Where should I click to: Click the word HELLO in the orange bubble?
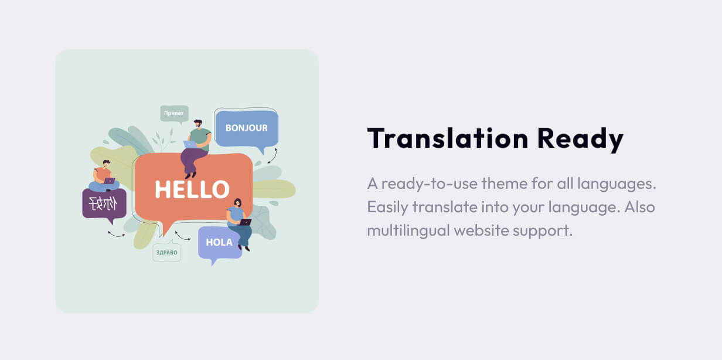point(192,189)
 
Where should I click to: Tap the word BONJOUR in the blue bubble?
point(247,128)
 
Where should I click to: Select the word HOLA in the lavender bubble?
point(219,242)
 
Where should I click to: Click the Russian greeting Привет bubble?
point(175,114)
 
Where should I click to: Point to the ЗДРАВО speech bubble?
point(167,252)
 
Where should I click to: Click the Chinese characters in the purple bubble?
point(103,204)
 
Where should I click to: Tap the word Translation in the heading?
point(448,138)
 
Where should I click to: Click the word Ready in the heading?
point(580,140)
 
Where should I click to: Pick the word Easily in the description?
point(387,208)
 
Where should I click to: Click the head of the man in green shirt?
point(198,124)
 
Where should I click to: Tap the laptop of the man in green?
point(190,144)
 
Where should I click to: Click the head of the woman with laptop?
point(237,203)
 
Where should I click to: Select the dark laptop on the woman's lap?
point(246,222)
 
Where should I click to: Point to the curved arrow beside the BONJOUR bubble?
point(273,156)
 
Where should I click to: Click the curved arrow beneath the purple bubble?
point(117,235)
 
